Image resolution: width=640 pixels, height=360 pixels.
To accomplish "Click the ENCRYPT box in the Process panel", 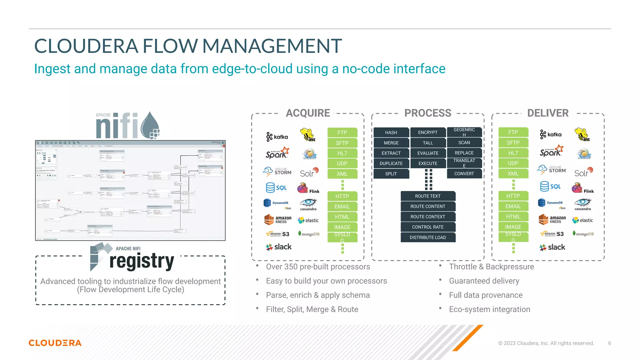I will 427,132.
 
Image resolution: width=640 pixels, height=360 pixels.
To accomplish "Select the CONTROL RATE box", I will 427,227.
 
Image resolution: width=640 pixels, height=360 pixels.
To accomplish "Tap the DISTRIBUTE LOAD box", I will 427,237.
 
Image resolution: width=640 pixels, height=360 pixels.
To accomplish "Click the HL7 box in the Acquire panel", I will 342,153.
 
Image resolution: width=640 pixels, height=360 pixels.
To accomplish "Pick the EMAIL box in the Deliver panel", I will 513,206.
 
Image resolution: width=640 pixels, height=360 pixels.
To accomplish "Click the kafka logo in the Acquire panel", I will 277,137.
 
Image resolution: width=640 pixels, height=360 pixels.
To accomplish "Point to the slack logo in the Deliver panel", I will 552,247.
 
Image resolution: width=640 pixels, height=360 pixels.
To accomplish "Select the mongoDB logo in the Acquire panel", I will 309,234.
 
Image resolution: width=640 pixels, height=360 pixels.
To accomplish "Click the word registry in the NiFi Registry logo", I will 142,261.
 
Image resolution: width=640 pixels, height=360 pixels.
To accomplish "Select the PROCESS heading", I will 427,113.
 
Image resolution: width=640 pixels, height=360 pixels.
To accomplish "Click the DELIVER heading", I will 547,113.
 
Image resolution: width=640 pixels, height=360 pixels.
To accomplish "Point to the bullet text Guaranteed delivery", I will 484,281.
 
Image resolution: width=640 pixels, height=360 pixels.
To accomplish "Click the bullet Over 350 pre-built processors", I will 318,267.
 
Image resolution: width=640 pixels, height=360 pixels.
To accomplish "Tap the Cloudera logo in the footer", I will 55,343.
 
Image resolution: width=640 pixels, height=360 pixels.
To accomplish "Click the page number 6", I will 609,343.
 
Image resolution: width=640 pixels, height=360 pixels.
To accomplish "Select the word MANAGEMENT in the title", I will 272,46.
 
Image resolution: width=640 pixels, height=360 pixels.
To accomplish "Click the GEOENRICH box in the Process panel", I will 464,132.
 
